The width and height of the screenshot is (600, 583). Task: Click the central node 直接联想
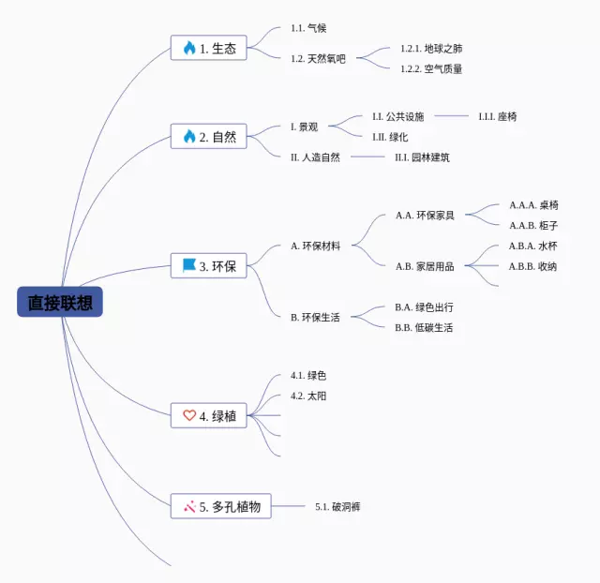point(59,303)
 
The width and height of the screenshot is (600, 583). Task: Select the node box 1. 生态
point(209,48)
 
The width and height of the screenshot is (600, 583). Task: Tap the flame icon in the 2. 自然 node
point(189,137)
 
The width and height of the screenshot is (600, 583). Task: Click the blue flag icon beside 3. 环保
point(189,266)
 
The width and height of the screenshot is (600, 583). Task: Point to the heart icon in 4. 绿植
point(189,415)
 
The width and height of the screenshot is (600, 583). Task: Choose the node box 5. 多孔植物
point(221,507)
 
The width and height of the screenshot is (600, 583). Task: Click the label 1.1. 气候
point(308,28)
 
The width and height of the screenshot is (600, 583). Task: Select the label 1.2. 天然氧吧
point(318,58)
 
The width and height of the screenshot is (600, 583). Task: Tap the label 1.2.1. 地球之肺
point(431,48)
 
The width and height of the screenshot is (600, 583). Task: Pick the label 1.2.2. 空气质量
point(431,68)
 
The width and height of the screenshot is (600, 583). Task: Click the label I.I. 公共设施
point(398,116)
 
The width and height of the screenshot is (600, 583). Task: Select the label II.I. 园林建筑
point(423,157)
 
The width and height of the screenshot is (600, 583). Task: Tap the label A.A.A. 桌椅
point(534,204)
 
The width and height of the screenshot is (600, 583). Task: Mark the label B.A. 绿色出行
point(424,306)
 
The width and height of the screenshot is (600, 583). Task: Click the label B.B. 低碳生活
point(424,327)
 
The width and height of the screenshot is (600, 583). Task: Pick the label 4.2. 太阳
point(308,396)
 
